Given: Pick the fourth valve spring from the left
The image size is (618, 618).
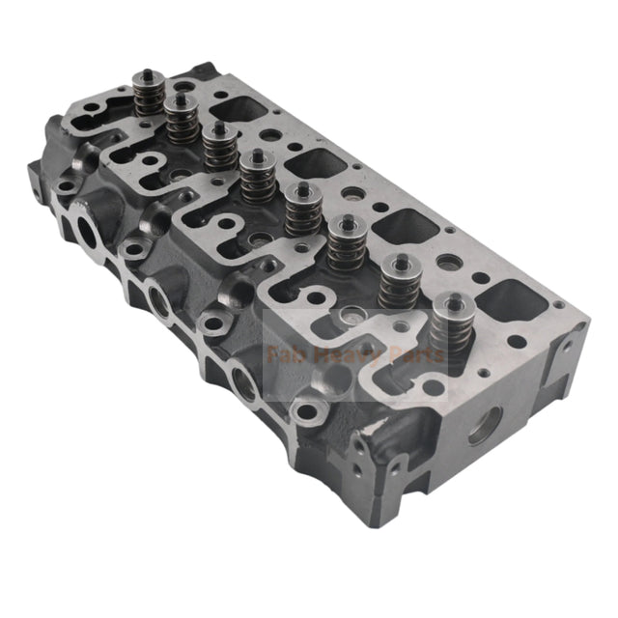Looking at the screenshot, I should point(257,178).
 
